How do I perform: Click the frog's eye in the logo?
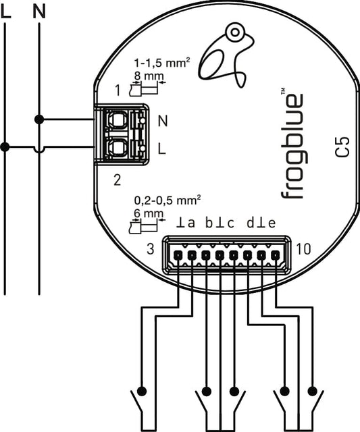click(x=235, y=32)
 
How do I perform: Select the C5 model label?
click(x=342, y=148)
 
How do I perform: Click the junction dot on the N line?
click(x=39, y=120)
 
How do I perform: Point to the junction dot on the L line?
click(x=5, y=147)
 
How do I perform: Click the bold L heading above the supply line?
click(x=6, y=12)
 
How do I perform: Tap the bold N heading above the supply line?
click(x=39, y=12)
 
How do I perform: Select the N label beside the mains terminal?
click(x=163, y=121)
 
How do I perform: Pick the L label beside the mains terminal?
click(x=162, y=148)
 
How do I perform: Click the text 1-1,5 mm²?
click(x=162, y=63)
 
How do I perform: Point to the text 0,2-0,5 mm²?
click(x=167, y=200)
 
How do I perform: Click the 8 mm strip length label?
click(x=149, y=76)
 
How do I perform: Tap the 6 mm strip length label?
click(x=149, y=213)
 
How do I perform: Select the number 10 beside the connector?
click(x=303, y=249)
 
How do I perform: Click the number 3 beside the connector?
click(x=151, y=249)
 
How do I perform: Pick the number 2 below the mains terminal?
click(x=118, y=180)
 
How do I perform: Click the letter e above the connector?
click(x=272, y=223)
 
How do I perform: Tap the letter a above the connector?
click(x=191, y=223)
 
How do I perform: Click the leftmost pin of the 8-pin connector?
click(x=178, y=256)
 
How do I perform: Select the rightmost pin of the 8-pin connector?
click(x=275, y=256)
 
